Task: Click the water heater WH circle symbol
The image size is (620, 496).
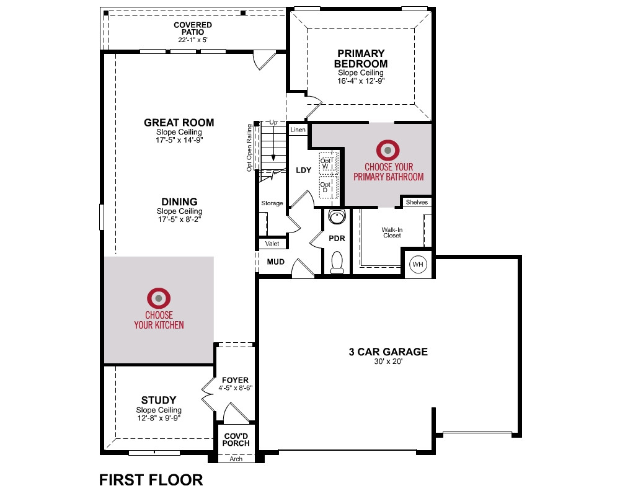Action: [x=418, y=264]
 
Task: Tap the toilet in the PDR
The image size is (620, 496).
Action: [x=337, y=262]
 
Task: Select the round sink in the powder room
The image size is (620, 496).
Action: [x=337, y=217]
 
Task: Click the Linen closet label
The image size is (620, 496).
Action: [x=298, y=130]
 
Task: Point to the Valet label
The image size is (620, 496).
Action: [x=272, y=244]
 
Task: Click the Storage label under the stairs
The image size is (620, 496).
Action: [x=272, y=203]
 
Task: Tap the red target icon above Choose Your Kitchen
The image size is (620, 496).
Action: [x=159, y=298]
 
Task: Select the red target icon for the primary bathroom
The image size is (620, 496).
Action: [x=388, y=150]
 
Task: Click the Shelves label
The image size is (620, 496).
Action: [x=417, y=202]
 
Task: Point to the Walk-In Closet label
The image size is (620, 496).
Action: [x=392, y=232]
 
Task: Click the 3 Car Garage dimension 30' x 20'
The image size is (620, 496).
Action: [x=388, y=361]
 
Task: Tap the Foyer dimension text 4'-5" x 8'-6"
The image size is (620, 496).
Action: [x=235, y=388]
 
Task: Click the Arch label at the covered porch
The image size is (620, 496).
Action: [x=236, y=459]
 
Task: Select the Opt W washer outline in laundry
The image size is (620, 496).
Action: [x=329, y=162]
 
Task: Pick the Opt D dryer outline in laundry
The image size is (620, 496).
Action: [x=329, y=186]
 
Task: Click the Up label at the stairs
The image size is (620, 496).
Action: [x=273, y=123]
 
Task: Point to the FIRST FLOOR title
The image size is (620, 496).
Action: [x=151, y=480]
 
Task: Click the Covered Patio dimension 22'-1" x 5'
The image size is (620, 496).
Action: [x=193, y=40]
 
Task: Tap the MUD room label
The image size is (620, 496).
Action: [x=276, y=262]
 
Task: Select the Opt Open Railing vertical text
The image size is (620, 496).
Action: [x=249, y=148]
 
